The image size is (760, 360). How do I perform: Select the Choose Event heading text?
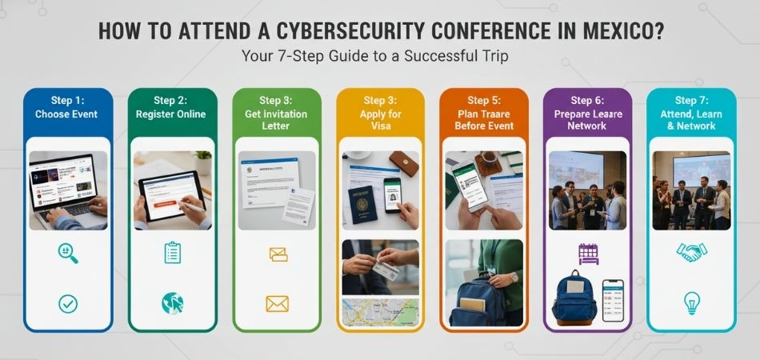66,114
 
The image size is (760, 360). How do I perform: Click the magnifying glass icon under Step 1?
67,254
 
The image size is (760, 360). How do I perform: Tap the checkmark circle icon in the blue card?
67,303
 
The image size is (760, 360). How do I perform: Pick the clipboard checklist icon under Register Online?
172,254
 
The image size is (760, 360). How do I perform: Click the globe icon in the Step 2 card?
172,303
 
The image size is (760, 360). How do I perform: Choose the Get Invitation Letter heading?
277,120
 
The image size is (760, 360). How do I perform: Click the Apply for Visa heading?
380,120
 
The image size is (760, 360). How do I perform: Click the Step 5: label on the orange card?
483,101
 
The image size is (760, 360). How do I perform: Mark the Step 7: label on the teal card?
691,101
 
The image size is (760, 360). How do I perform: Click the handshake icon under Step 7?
691,253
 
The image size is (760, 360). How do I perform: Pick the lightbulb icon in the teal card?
691,303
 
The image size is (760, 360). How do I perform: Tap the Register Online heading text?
172,114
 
